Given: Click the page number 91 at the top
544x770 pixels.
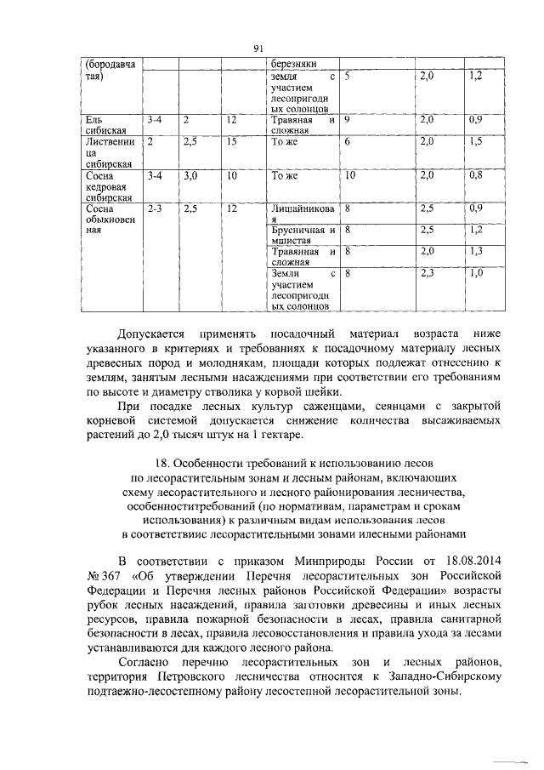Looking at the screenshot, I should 259,48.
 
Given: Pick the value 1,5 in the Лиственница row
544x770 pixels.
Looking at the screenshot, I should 475,141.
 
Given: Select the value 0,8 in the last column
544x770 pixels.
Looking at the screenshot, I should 475,176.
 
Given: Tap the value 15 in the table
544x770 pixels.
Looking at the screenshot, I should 231,141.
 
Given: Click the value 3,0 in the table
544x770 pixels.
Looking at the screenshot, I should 190,176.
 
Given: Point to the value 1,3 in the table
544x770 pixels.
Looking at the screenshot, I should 475,251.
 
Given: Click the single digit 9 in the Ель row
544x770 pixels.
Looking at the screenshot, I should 348,120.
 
